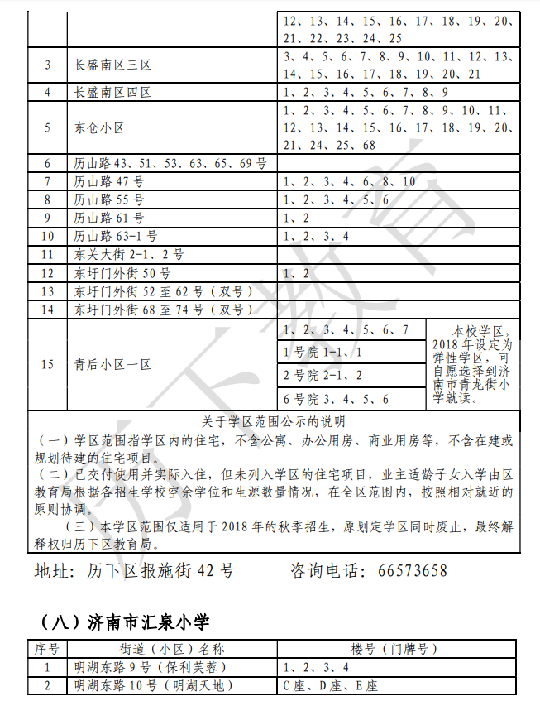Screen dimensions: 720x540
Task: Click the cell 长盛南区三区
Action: pos(112,65)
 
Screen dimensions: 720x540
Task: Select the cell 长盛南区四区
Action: pos(112,92)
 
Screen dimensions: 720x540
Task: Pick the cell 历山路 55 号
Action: pos(109,199)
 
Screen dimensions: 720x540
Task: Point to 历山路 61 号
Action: pos(109,218)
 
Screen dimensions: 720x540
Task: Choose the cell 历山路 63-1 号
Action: pos(116,236)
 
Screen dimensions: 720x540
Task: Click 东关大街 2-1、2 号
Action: pos(129,254)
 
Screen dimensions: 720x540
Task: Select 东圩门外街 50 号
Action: pos(122,272)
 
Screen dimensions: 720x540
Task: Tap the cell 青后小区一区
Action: pos(112,364)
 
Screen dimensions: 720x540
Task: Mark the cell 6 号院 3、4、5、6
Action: pos(336,399)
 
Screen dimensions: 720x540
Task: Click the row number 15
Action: pos(47,364)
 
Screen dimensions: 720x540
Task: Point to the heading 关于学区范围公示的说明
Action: pos(274,421)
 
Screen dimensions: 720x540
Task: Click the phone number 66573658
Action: pos(412,571)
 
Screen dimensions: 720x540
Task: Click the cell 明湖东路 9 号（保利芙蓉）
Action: pos(149,666)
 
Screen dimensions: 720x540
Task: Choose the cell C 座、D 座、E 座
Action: pos(330,685)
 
